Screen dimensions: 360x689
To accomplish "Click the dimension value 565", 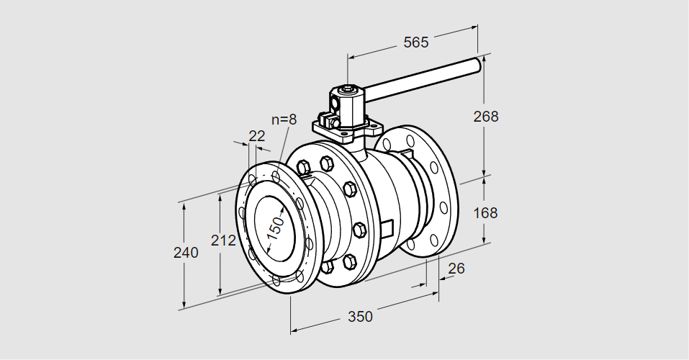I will pos(415,42).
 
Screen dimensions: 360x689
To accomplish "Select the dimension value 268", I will pos(486,116).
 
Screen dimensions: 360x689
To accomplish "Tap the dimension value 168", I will pos(486,213).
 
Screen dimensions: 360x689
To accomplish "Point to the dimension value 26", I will pos(456,269).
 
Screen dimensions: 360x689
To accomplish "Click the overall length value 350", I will pos(360,316).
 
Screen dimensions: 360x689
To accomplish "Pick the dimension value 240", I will pos(186,253).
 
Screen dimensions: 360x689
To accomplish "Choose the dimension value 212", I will pos(224,240).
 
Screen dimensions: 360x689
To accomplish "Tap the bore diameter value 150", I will pos(276,227).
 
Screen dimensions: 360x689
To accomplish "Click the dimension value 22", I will pos(256,135).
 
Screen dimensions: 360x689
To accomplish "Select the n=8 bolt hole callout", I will pos(284,120).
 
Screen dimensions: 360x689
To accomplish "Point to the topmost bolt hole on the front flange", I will pos(277,175).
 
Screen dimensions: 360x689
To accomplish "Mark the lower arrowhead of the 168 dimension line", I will pos(484,239).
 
